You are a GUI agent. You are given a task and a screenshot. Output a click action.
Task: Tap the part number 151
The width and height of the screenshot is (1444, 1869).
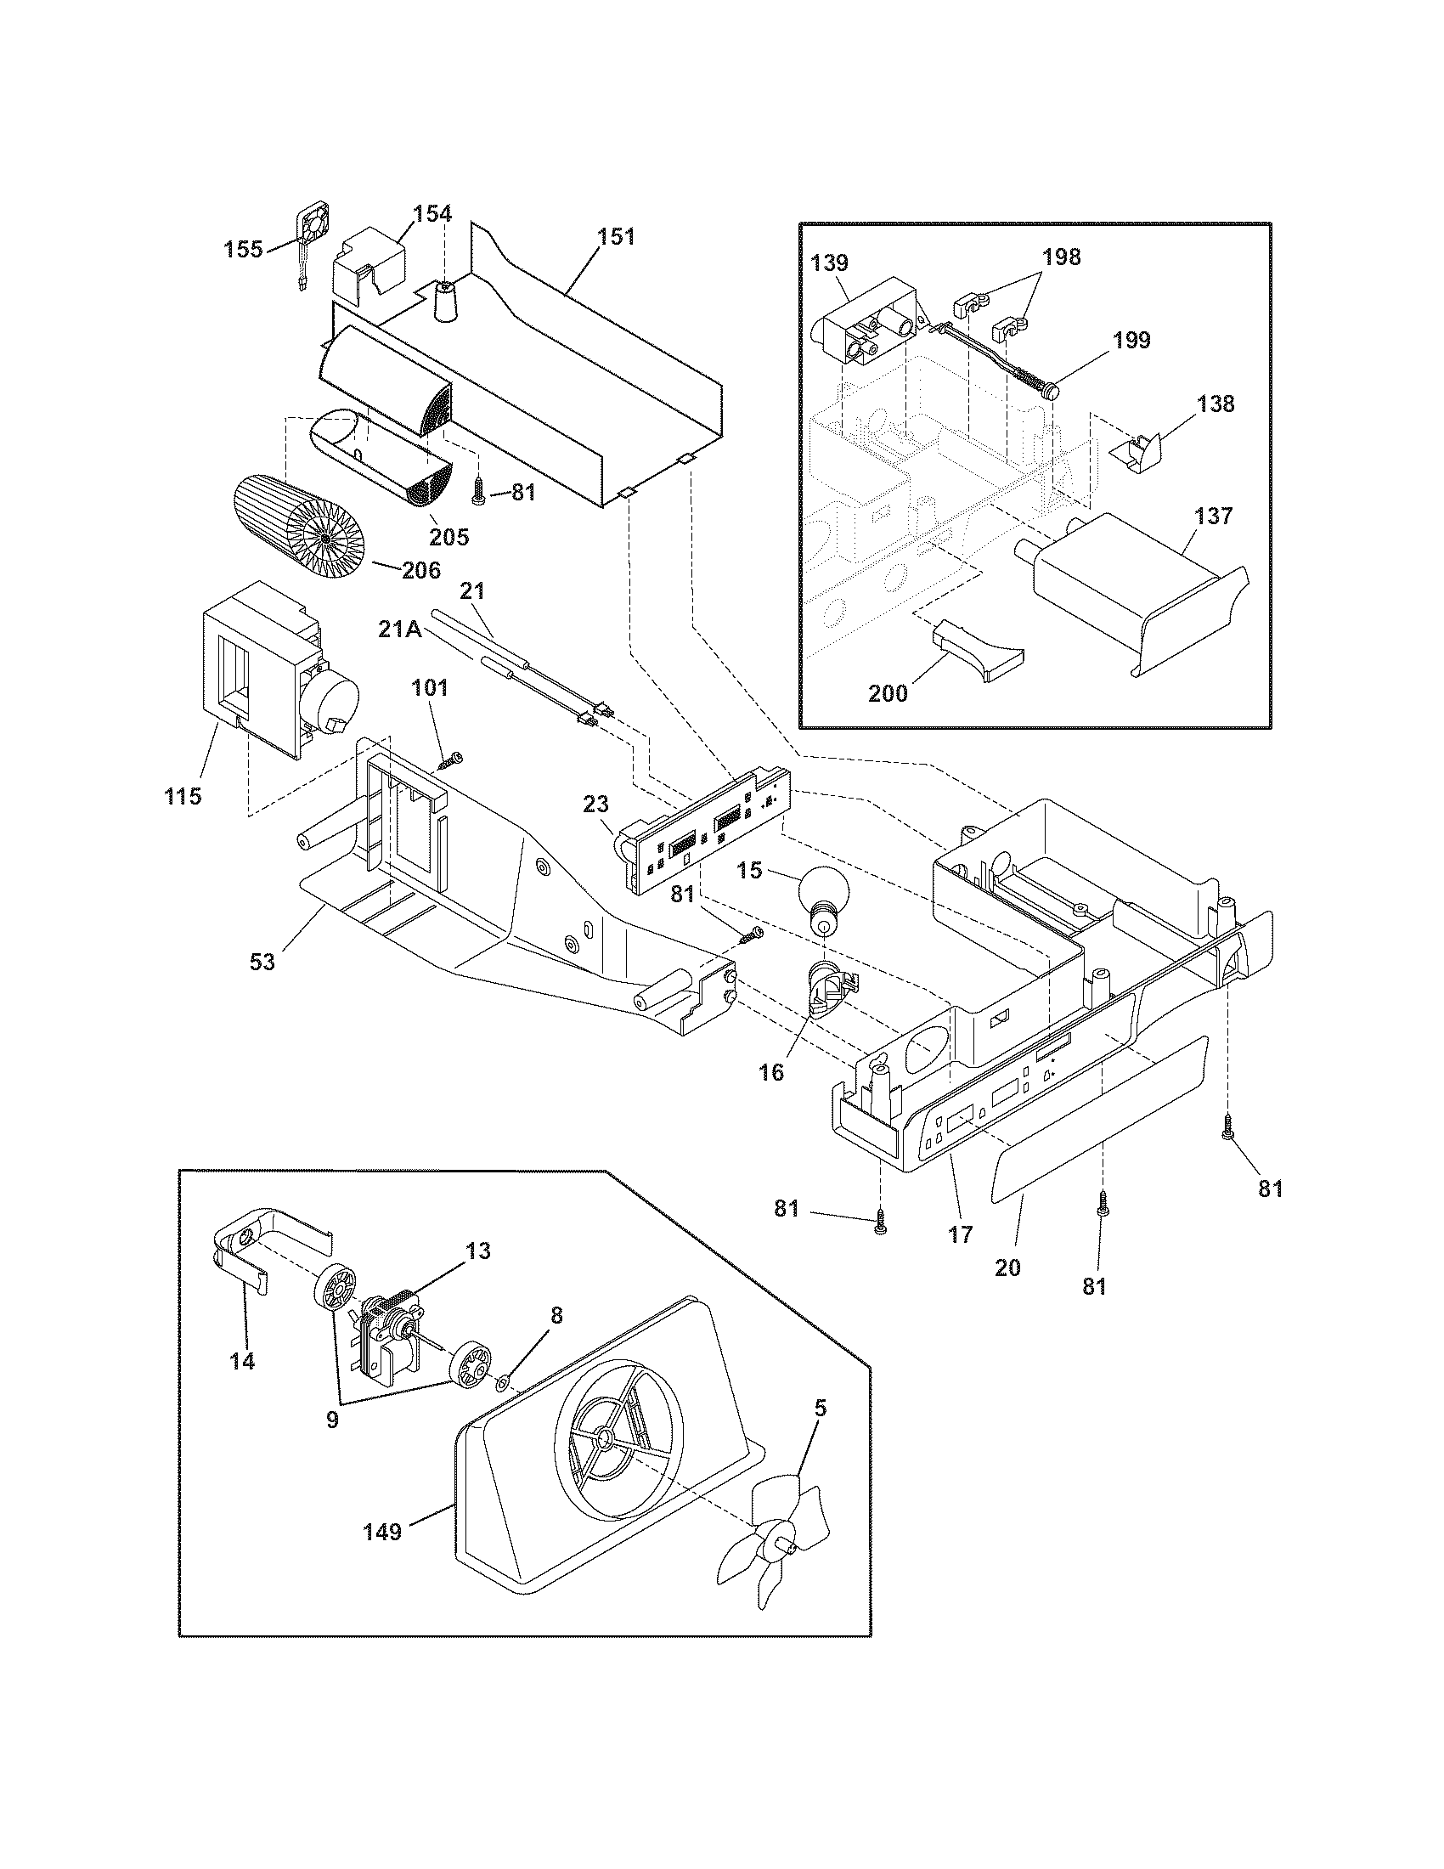(x=616, y=236)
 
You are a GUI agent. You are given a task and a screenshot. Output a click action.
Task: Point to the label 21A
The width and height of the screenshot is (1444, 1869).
(x=398, y=630)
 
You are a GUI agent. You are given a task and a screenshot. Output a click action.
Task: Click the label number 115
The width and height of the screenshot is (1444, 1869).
(x=183, y=796)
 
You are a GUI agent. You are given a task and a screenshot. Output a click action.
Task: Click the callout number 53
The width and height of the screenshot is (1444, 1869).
(x=262, y=961)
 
